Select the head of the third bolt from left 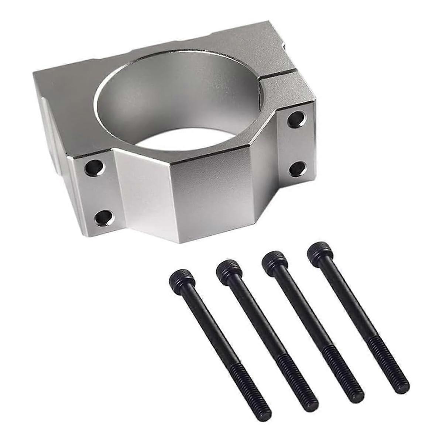tap(274, 258)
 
